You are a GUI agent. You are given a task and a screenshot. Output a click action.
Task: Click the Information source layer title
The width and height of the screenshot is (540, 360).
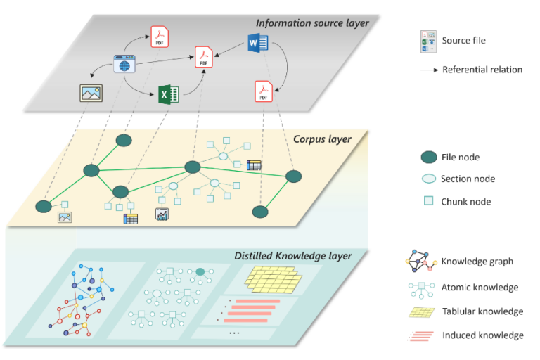(x=312, y=23)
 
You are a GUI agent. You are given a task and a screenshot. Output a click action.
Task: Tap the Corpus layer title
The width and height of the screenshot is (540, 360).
(x=322, y=139)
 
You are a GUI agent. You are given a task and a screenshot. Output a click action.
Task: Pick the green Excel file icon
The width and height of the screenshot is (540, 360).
(x=167, y=94)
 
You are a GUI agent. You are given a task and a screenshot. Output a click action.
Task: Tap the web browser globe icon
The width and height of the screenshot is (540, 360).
(x=124, y=65)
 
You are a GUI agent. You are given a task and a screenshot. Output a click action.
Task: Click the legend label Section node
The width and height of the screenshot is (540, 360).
(x=468, y=179)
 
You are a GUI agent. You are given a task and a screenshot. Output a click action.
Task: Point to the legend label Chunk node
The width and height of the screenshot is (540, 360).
(x=465, y=202)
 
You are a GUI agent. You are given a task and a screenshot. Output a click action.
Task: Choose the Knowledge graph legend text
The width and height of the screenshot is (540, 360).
(x=477, y=262)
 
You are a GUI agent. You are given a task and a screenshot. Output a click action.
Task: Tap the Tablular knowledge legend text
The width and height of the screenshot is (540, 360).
(x=482, y=311)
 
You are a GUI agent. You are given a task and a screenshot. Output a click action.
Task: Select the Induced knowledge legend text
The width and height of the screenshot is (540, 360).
(x=482, y=335)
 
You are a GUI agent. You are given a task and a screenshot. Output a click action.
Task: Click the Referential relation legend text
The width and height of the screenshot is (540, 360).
(x=482, y=70)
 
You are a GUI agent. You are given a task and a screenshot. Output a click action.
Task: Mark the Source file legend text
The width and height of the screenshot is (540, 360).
(x=463, y=40)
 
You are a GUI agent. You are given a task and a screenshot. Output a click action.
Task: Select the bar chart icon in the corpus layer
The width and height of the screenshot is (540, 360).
(x=163, y=214)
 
